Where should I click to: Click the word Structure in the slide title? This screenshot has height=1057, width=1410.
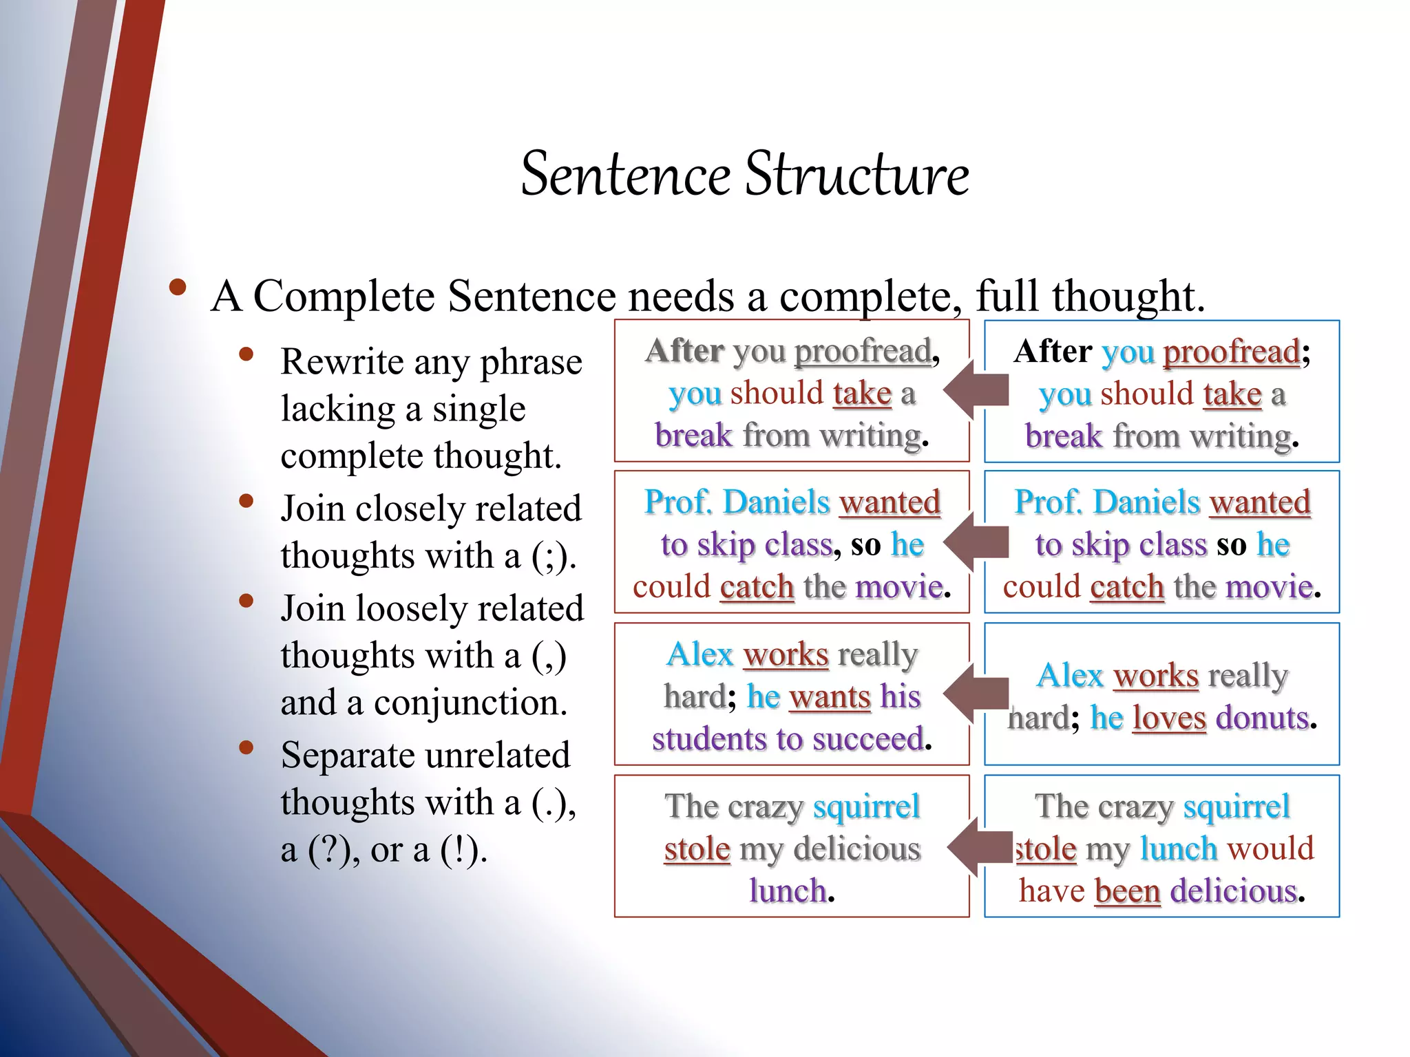(857, 175)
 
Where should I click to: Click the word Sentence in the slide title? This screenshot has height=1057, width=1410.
(625, 175)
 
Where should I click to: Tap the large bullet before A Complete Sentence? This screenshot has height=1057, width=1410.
(178, 288)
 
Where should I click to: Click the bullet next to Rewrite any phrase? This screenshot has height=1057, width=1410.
(246, 355)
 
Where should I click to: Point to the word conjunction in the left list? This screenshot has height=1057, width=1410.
(470, 703)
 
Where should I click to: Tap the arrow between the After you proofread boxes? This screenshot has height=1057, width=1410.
(976, 390)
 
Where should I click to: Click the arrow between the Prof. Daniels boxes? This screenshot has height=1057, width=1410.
(976, 542)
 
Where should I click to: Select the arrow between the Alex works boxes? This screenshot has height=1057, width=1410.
(976, 694)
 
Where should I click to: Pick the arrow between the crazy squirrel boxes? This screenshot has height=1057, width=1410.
(978, 847)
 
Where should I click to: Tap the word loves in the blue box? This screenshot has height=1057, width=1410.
(1169, 718)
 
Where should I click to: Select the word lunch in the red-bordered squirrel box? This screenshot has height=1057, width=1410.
(788, 891)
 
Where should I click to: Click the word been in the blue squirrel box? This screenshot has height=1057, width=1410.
(1127, 891)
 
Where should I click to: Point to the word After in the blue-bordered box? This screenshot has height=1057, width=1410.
(1053, 352)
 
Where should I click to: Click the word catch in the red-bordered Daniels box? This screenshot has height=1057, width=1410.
(757, 587)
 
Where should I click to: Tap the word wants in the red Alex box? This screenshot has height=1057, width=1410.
(830, 697)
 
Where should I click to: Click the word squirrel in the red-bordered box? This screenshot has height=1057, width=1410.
(866, 807)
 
